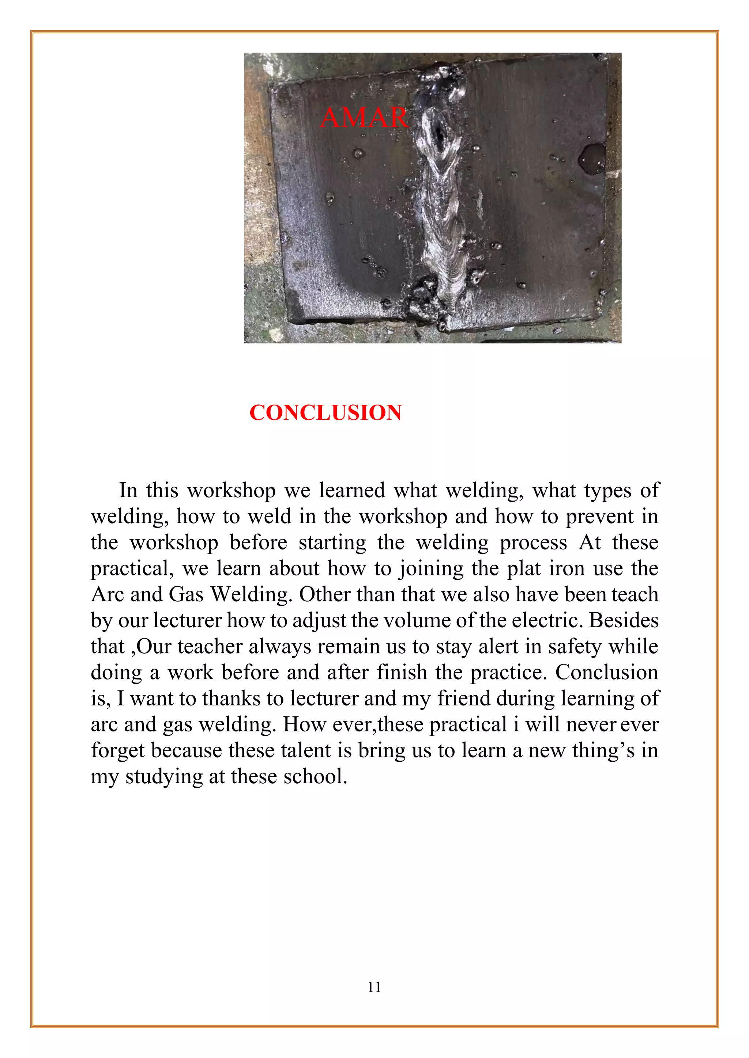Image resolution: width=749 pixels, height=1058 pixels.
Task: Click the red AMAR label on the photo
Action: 364,118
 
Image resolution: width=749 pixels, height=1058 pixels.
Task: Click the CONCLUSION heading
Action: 325,412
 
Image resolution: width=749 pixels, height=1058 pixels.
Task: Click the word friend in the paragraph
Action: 464,699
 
